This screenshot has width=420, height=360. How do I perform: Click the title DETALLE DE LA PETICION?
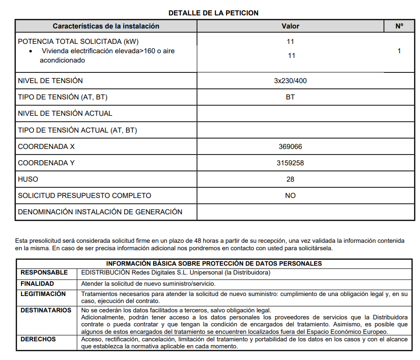tap(213, 13)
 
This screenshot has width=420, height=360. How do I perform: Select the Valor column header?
tap(290, 26)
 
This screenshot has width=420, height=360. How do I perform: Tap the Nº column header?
tap(399, 26)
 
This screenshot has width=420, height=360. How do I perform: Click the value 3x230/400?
tap(290, 81)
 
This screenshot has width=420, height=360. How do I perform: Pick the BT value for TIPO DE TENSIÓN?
tap(290, 97)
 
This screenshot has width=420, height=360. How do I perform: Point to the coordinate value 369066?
tap(290, 147)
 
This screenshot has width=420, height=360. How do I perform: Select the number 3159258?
tap(290, 163)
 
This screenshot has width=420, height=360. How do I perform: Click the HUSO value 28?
tap(290, 179)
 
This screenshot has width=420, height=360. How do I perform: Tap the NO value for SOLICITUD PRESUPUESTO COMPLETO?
tap(290, 196)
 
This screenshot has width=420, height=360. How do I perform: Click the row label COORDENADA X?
tap(46, 147)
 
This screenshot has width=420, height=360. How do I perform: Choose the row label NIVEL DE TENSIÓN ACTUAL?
tap(65, 113)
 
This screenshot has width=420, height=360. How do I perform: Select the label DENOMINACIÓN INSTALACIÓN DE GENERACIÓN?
tap(100, 212)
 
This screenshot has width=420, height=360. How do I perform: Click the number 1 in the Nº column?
tap(399, 51)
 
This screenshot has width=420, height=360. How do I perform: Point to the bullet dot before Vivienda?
tap(31, 51)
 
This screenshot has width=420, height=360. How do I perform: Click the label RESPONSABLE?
tap(44, 273)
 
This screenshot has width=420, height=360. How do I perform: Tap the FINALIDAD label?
tap(37, 283)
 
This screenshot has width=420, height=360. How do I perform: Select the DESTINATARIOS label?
tap(46, 311)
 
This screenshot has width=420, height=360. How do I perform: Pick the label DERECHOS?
tap(38, 339)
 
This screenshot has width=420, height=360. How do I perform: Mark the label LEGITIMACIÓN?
tap(43, 294)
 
